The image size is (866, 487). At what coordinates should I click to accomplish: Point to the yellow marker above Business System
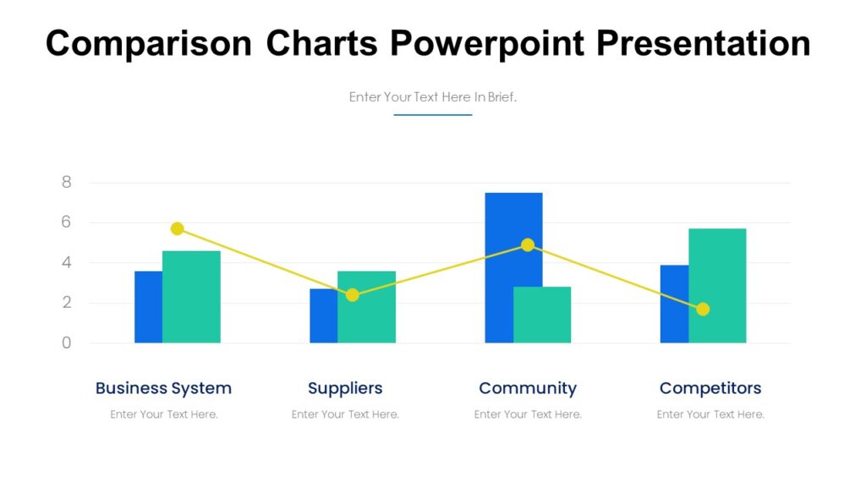(x=177, y=228)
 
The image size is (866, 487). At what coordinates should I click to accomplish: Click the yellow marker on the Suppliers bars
(x=353, y=295)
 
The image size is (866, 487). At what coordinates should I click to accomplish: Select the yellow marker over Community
(x=528, y=244)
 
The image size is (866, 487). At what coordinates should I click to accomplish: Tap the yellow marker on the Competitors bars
(x=703, y=309)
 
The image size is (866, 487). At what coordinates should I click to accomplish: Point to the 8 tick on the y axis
(x=67, y=183)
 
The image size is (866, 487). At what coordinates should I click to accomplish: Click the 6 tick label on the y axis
(x=67, y=222)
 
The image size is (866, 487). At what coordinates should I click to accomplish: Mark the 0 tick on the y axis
(x=67, y=343)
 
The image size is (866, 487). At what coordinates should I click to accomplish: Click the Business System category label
(x=163, y=388)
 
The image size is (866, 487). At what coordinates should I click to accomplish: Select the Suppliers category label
(x=345, y=388)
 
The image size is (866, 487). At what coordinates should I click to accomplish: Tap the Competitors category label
(x=710, y=388)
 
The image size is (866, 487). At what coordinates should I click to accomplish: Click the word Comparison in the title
(x=149, y=43)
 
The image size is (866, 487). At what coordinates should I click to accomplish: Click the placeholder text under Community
(x=528, y=414)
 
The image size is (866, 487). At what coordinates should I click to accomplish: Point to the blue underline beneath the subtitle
(x=432, y=114)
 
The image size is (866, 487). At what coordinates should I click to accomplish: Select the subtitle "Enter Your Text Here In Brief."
(x=432, y=97)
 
